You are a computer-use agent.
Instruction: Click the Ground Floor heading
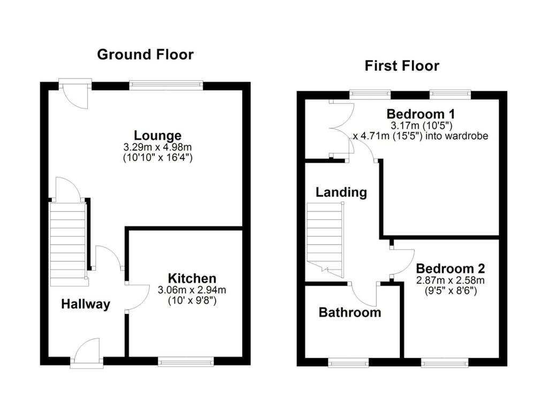pyautogui.click(x=145, y=55)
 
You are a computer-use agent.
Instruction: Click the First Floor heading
pyautogui.click(x=401, y=66)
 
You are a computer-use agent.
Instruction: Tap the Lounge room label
pyautogui.click(x=157, y=135)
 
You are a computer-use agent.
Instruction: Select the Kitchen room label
pyautogui.click(x=192, y=278)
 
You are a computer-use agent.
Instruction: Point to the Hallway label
pyautogui.click(x=86, y=304)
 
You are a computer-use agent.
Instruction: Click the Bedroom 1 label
pyautogui.click(x=416, y=114)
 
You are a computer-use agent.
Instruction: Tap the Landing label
pyautogui.click(x=341, y=192)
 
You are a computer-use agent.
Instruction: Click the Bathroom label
pyautogui.click(x=350, y=312)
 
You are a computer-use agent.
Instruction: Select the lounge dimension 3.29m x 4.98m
pyautogui.click(x=157, y=147)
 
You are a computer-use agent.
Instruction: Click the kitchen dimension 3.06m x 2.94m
pyautogui.click(x=192, y=290)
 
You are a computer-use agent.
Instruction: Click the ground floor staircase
pyautogui.click(x=68, y=244)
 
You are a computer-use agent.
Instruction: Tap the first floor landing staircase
pyautogui.click(x=324, y=240)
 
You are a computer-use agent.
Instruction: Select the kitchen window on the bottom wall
pyautogui.click(x=186, y=362)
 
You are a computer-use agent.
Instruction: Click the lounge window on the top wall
pyautogui.click(x=166, y=85)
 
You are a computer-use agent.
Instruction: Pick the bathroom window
pyautogui.click(x=348, y=363)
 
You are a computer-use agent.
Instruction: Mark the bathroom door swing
pyautogui.click(x=364, y=293)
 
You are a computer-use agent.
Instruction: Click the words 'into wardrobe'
pyautogui.click(x=463, y=136)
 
